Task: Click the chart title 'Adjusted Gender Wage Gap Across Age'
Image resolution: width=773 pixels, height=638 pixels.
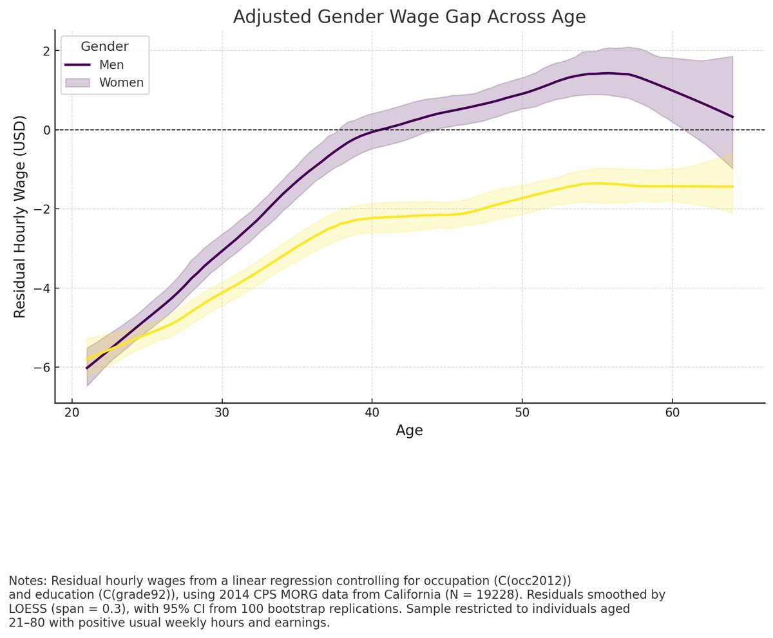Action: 409,17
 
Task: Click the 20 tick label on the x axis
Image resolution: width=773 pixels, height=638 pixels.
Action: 72,411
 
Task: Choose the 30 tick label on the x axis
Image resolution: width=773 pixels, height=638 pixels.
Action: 222,411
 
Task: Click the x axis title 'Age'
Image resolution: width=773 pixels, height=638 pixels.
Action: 409,431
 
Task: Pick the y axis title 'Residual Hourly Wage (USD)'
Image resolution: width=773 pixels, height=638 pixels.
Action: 20,216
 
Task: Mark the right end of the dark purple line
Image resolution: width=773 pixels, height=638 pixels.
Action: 732,117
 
